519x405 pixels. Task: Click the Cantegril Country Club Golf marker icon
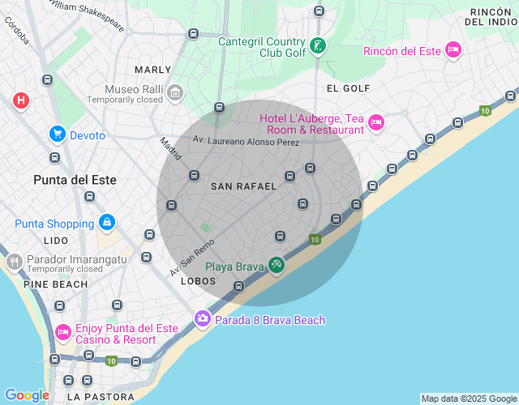[x=319, y=46]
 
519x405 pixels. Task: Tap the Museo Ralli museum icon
[x=175, y=94]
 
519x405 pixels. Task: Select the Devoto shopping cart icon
[x=57, y=134]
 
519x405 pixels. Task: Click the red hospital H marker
[x=21, y=100]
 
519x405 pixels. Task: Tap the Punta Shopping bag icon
[x=106, y=223]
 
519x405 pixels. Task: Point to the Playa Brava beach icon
[x=277, y=266]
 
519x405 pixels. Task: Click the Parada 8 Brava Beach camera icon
[x=203, y=320]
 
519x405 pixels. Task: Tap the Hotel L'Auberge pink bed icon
[x=375, y=123]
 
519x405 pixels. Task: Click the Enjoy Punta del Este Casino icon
[x=62, y=333]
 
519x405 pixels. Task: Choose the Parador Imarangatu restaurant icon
[x=13, y=262]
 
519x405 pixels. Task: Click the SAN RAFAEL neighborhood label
[x=243, y=186]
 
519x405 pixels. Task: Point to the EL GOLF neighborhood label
[x=348, y=88]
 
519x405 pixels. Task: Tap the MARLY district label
[x=153, y=70]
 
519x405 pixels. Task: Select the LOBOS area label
[x=199, y=281]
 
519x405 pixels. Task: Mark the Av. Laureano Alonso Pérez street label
[x=246, y=143]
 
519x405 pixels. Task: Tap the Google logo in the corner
[x=27, y=395]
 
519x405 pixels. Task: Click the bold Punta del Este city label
[x=75, y=180]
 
